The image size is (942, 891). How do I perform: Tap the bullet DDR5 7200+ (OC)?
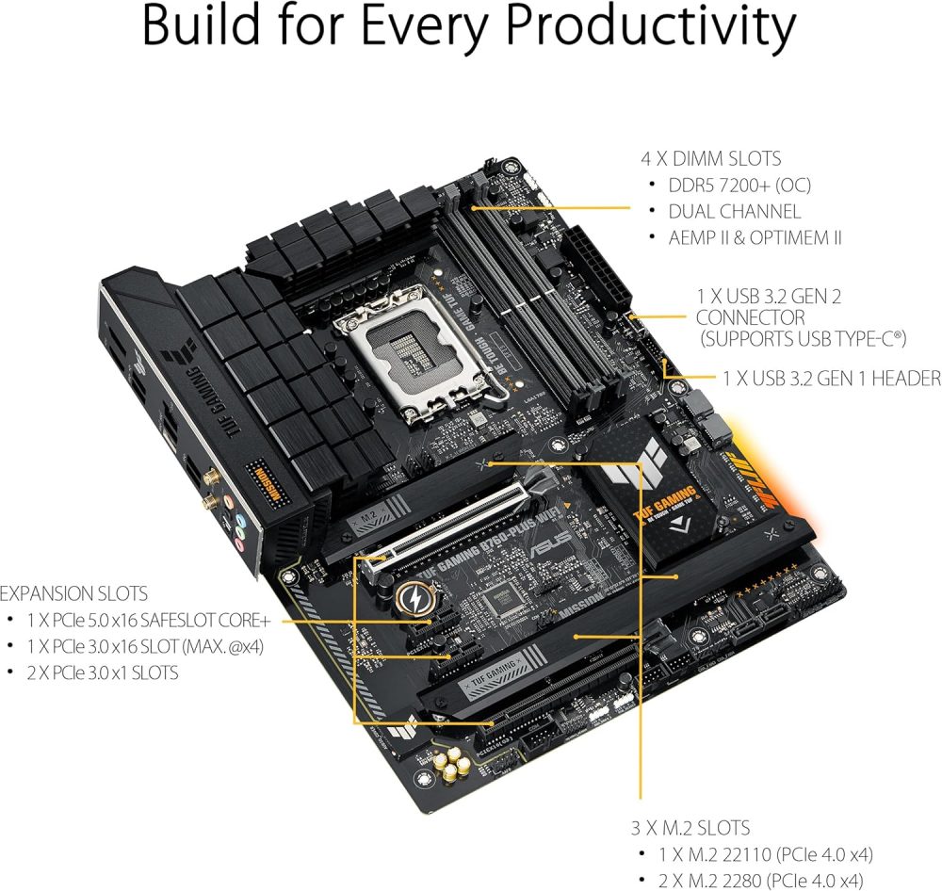[x=739, y=186]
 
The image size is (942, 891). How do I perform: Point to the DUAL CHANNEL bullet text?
[x=735, y=212]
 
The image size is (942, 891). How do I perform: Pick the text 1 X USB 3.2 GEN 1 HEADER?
[x=832, y=379]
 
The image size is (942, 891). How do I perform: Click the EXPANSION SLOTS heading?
[x=73, y=594]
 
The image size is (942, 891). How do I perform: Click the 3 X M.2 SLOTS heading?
[x=690, y=829]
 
